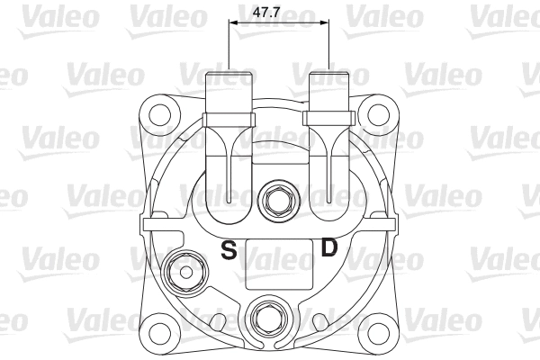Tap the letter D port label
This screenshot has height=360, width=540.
click(329, 247)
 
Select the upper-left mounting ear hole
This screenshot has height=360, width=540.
click(160, 116)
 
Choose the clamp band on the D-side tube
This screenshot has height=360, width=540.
click(330, 119)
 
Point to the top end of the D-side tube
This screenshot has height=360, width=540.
click(329, 74)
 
